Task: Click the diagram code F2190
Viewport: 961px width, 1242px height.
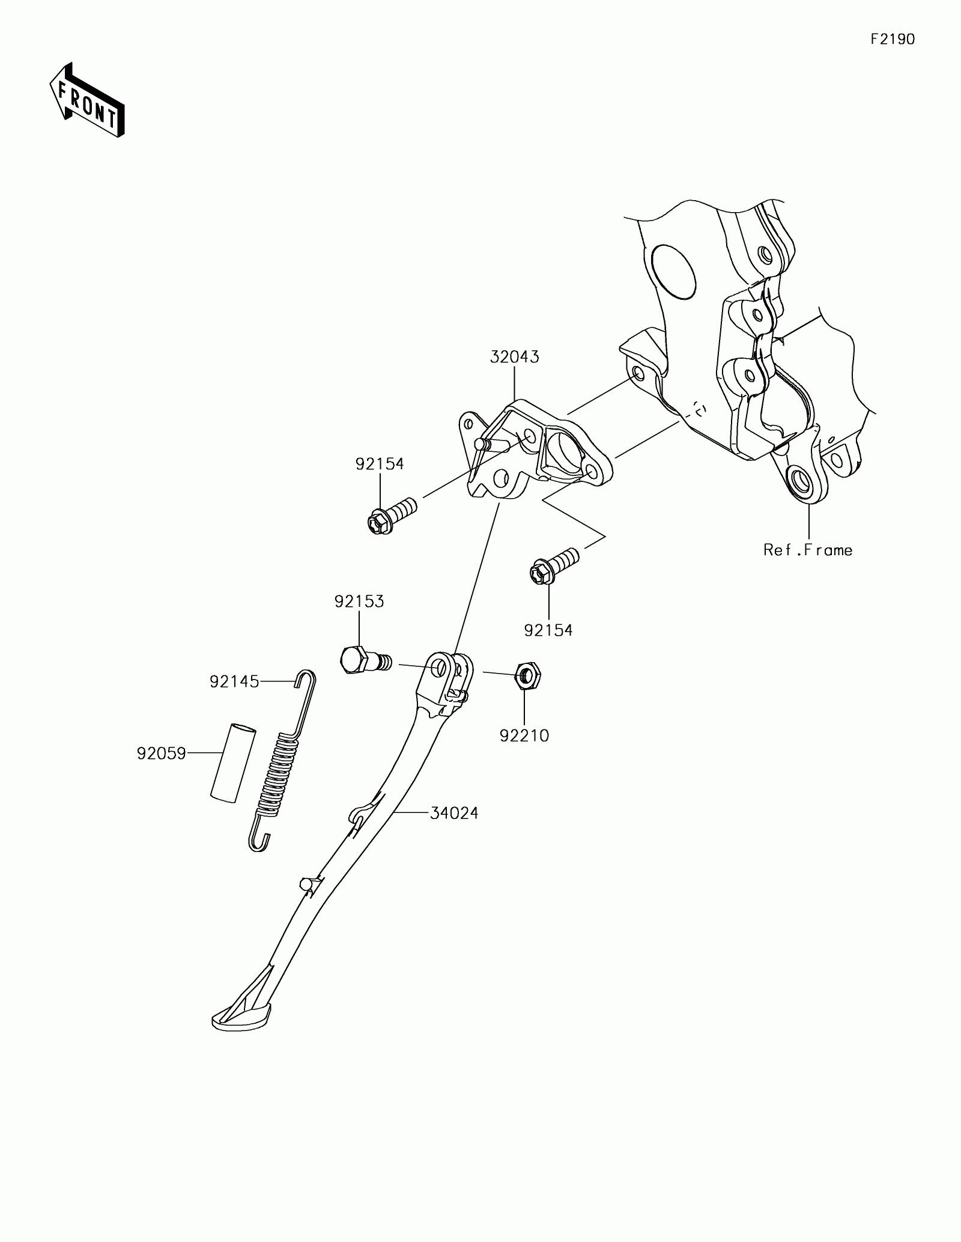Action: pos(893,40)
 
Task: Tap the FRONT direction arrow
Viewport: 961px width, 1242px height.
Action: pos(86,100)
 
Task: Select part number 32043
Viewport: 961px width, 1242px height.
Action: pos(514,357)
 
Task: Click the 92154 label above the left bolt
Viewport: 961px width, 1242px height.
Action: pos(380,464)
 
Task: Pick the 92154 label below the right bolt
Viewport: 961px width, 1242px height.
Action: pos(548,630)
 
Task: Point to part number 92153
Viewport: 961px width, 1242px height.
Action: pos(359,601)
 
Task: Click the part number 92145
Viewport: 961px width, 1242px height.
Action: pos(234,681)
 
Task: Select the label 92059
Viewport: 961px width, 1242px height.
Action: pos(161,753)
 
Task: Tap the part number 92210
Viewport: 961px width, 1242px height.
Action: pos(524,735)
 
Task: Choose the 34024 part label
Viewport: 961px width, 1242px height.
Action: pos(454,814)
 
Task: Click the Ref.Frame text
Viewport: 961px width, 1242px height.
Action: pos(808,550)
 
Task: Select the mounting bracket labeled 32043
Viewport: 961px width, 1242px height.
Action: pos(529,451)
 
